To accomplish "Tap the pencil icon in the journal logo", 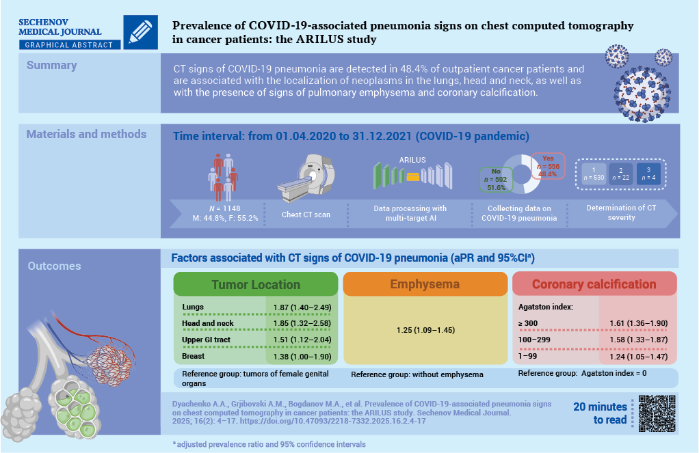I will [x=142, y=31].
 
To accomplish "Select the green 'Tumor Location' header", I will [x=255, y=284].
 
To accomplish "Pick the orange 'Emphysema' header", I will [x=425, y=284].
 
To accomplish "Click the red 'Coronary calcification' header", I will [x=594, y=284].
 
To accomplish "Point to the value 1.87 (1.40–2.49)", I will [x=303, y=307].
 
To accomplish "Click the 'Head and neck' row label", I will [x=208, y=322].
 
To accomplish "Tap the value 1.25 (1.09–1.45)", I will [x=425, y=331].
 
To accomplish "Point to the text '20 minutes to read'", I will [x=601, y=413].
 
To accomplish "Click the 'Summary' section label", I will [x=52, y=66].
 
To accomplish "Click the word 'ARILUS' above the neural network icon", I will [x=412, y=160].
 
